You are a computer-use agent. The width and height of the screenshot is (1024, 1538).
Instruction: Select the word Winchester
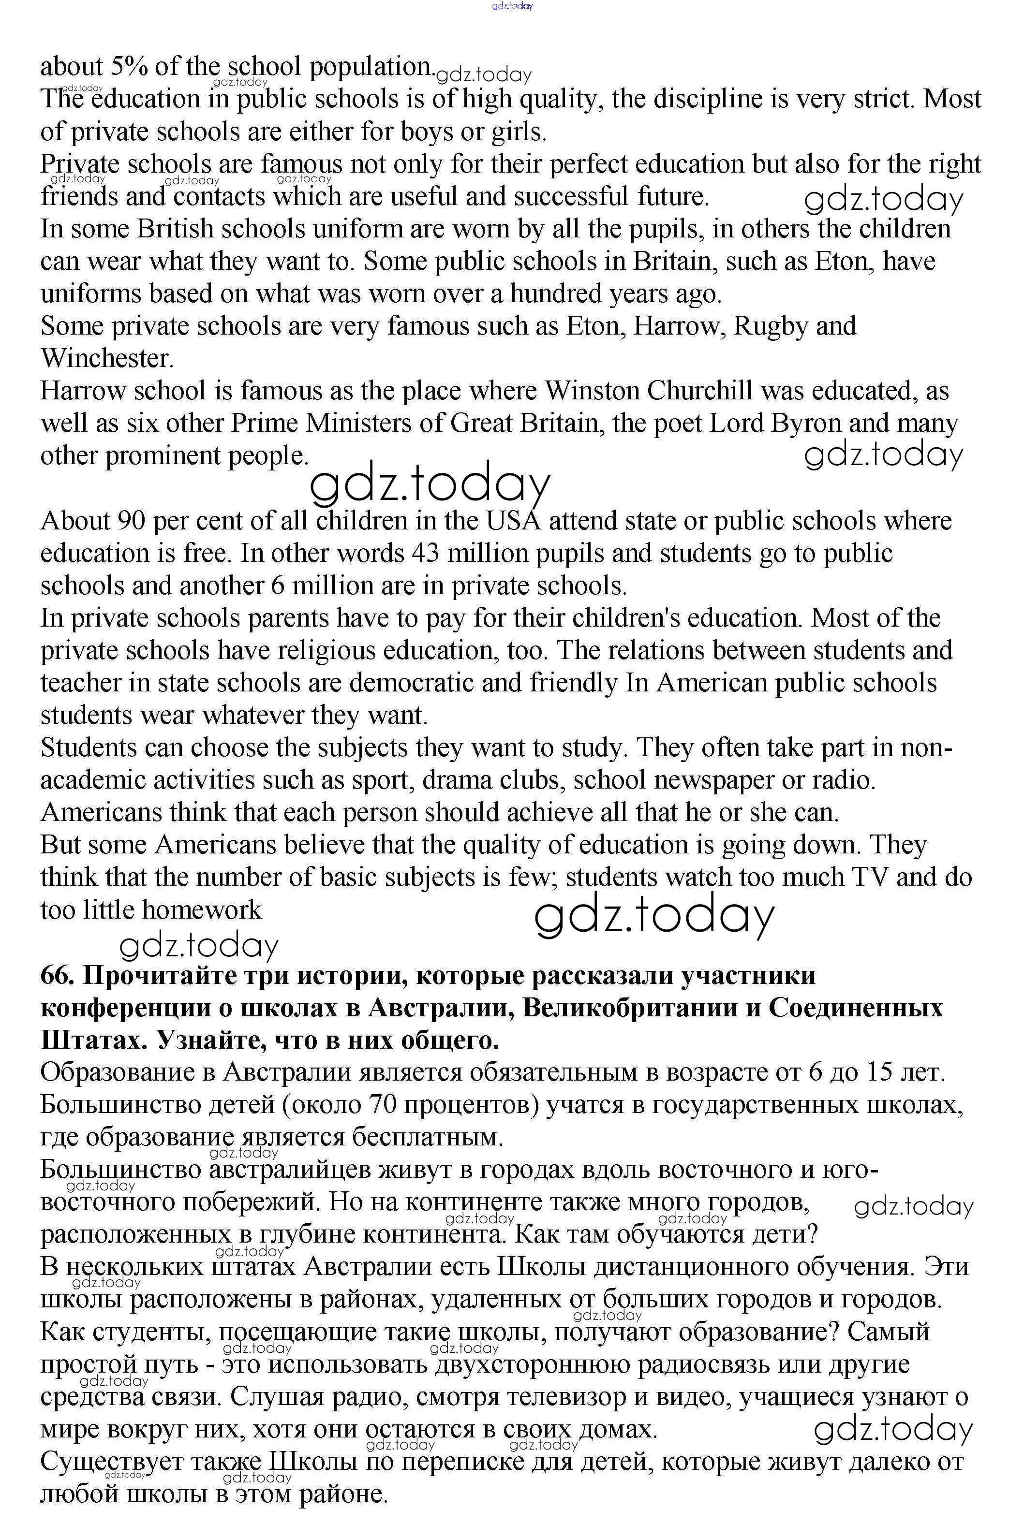(106, 358)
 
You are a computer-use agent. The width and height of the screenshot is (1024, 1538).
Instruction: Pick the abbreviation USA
(513, 521)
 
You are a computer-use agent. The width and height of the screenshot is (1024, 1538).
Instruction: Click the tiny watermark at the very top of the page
(512, 6)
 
